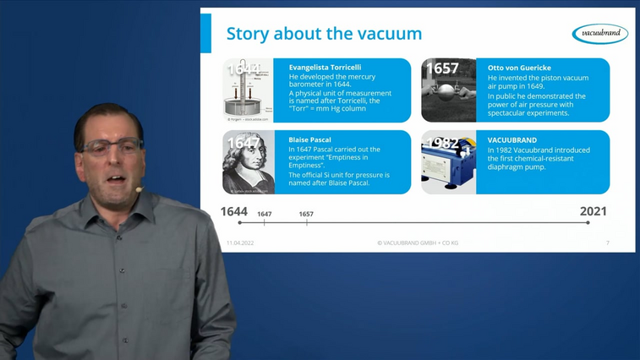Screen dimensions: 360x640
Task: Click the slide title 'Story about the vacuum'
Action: coord(324,35)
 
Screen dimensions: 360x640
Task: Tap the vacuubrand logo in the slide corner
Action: coord(599,34)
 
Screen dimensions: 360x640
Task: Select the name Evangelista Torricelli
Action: coord(325,67)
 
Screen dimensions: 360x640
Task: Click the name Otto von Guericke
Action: coord(519,67)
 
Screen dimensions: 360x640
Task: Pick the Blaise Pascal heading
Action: coord(309,139)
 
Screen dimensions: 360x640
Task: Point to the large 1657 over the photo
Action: coord(442,68)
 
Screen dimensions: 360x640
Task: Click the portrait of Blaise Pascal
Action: coord(249,164)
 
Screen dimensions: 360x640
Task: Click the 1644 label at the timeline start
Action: coord(234,211)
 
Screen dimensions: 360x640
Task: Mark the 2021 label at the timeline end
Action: coord(594,211)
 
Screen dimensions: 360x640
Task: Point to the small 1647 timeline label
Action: coord(265,215)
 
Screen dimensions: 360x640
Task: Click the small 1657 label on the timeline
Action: coord(306,215)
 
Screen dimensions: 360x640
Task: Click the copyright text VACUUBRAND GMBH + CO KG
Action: coord(418,243)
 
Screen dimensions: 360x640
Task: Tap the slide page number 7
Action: coord(607,243)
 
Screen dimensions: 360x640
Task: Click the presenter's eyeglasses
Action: coord(113,147)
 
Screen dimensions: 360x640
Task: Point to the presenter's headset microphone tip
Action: coord(138,189)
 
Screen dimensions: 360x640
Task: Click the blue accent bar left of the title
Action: coord(205,33)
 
